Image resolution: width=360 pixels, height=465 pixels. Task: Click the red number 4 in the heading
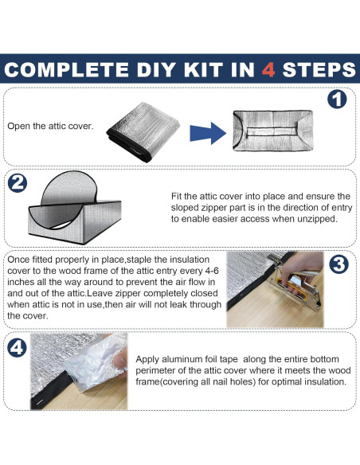[268, 70]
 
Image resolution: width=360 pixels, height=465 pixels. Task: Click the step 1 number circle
[337, 100]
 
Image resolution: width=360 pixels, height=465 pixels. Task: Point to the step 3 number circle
[339, 264]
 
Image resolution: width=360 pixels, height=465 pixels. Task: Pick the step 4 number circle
[17, 347]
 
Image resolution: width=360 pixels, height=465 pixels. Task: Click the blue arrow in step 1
[208, 133]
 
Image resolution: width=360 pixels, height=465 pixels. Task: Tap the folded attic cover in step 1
[143, 131]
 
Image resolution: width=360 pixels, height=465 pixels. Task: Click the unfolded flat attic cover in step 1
[273, 131]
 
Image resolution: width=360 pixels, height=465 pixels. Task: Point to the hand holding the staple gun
[302, 268]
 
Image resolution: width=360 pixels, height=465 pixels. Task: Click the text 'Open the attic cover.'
[50, 126]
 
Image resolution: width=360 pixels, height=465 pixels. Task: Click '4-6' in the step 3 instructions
[211, 271]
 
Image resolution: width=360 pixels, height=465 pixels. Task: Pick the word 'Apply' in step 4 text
[147, 360]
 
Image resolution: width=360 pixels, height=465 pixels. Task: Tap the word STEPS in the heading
[319, 70]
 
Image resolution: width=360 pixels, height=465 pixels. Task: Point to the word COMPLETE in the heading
[66, 70]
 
